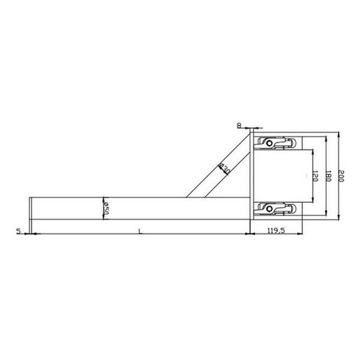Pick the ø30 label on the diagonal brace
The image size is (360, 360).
point(224,169)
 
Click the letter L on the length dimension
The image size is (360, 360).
point(139,230)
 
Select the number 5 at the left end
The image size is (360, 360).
point(19,230)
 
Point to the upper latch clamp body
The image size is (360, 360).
point(277,143)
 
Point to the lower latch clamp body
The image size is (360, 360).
point(277,209)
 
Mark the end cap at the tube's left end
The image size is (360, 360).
point(30,208)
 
